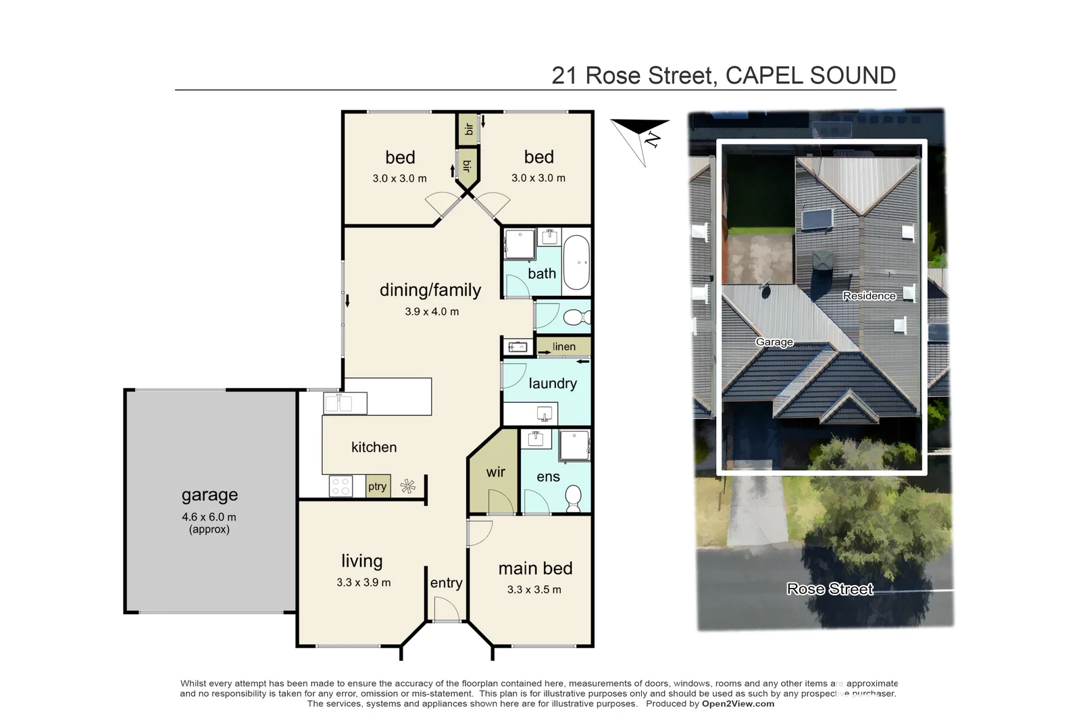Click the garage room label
tap(209, 495)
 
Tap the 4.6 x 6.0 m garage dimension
tap(209, 517)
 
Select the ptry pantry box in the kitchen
tap(377, 487)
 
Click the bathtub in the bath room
tap(576, 262)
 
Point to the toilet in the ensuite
tap(574, 499)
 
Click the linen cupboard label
tap(564, 347)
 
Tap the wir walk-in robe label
tap(495, 472)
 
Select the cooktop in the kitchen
tap(341, 487)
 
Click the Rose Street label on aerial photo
tap(830, 589)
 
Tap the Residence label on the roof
tap(869, 296)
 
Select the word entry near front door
tap(446, 583)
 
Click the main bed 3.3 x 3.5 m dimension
tap(534, 590)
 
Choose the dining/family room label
tap(430, 291)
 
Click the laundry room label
tap(553, 384)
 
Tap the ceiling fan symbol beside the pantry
tap(407, 486)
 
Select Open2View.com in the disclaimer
tap(738, 703)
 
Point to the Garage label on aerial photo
tap(774, 342)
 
